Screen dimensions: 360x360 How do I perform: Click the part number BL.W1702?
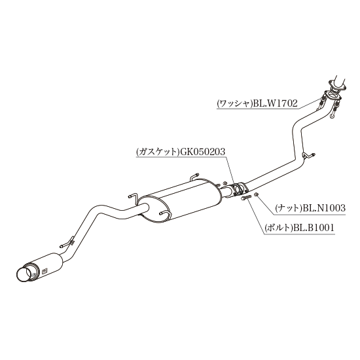tap(276, 104)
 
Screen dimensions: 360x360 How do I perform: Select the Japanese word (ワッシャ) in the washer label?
tap(234, 104)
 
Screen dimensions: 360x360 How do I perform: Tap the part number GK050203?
tap(202, 152)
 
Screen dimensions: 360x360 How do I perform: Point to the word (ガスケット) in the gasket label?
tap(158, 153)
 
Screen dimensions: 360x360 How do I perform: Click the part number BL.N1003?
tap(324, 208)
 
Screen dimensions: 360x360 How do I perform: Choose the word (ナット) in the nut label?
tap(289, 208)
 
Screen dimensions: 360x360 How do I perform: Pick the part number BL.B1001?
tap(312, 228)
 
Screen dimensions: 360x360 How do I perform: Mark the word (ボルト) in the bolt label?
tap(278, 228)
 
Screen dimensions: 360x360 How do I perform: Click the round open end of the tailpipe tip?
tap(24, 275)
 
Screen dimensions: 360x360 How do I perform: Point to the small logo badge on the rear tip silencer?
tap(45, 271)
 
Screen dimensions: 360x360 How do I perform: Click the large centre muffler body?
tap(179, 201)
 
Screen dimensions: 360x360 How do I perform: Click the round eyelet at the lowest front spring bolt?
tap(332, 117)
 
